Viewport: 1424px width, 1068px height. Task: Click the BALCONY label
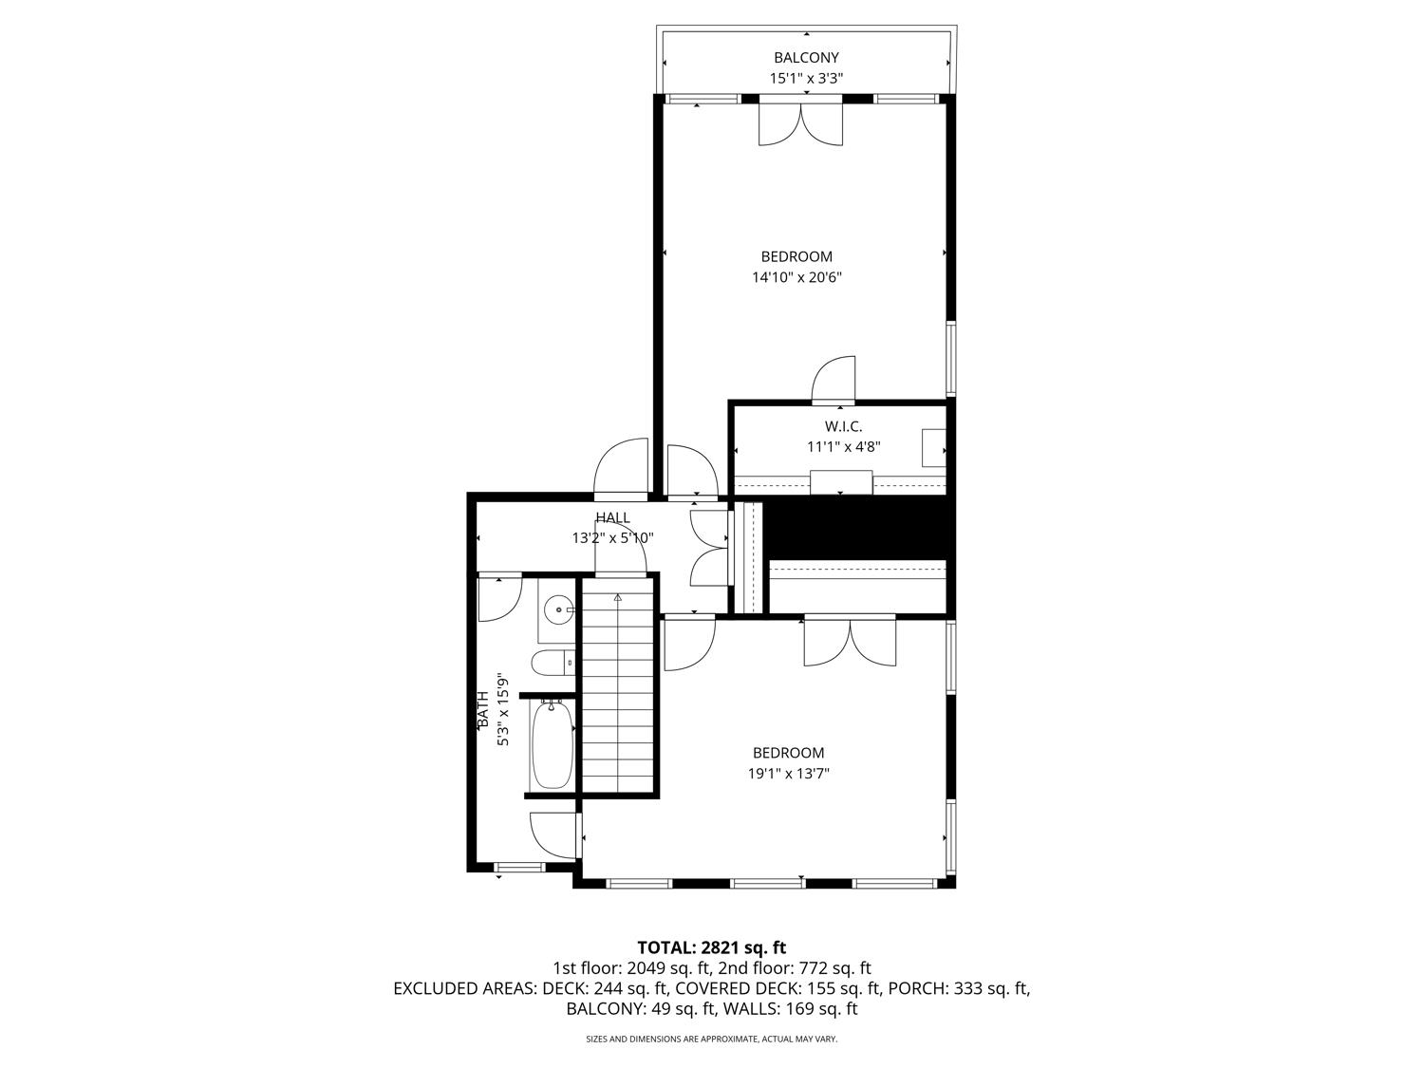(805, 58)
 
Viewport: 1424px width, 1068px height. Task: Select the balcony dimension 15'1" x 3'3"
(806, 79)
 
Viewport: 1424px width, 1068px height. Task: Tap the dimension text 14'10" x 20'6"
(797, 277)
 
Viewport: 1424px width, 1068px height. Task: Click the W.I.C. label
(843, 426)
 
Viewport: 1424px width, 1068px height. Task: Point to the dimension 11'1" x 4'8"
(844, 446)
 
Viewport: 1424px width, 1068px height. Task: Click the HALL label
(612, 517)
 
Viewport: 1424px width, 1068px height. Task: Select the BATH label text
(483, 710)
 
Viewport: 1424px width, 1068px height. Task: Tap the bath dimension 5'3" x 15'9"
(504, 710)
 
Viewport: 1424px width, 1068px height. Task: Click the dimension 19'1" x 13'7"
(788, 774)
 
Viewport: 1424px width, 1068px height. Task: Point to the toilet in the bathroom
(551, 661)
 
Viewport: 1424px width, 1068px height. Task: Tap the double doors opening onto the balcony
(800, 123)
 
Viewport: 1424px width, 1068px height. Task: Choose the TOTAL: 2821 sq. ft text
(711, 946)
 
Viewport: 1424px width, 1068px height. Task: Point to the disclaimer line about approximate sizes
(711, 1040)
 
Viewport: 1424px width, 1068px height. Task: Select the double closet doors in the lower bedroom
(850, 643)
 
